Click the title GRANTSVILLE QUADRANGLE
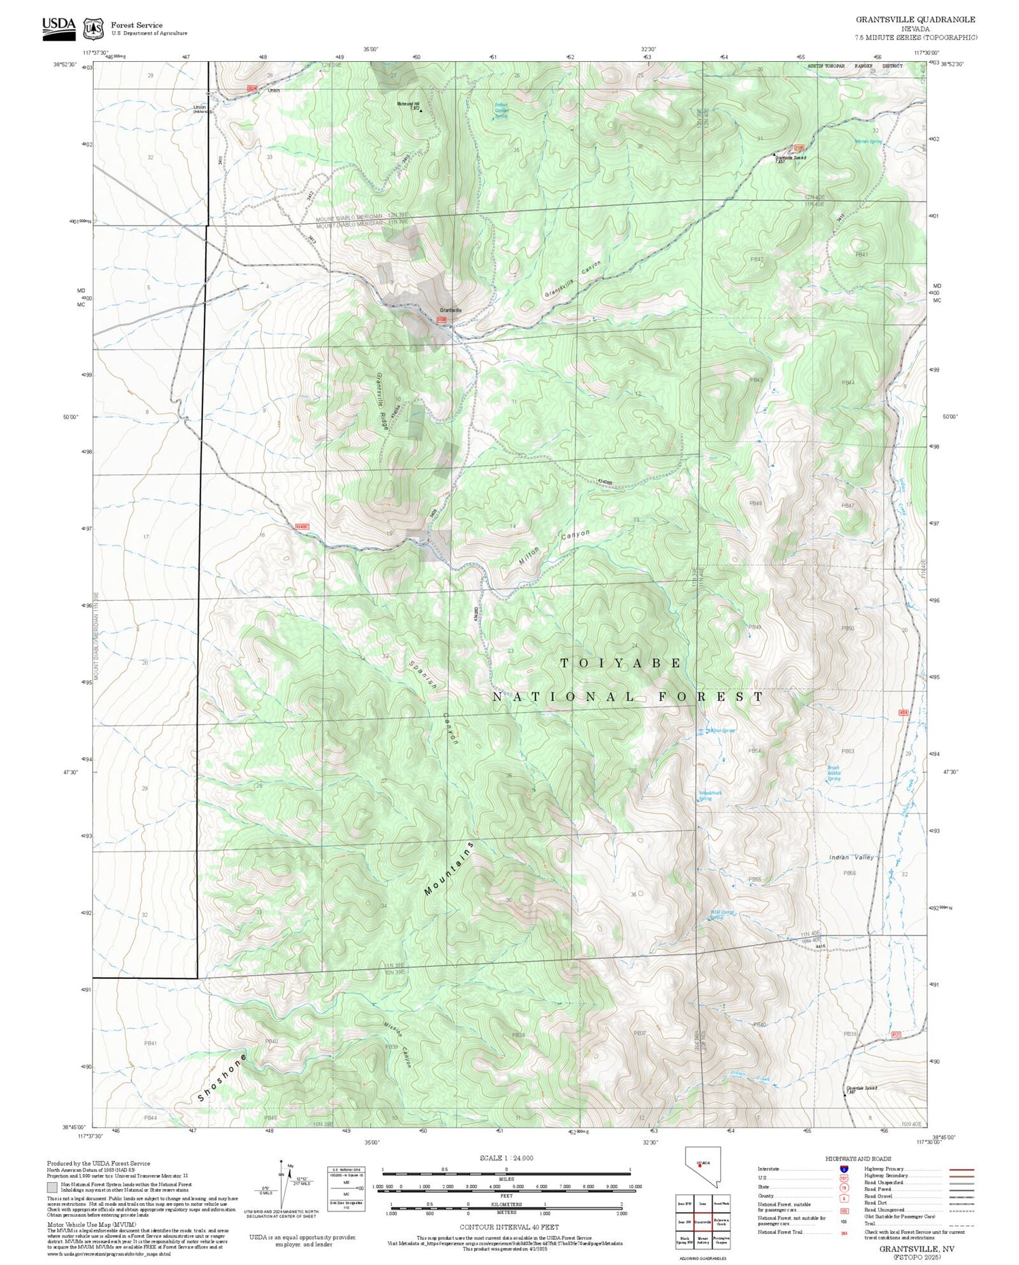(x=915, y=20)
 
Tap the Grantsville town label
(x=450, y=310)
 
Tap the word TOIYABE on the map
(x=621, y=663)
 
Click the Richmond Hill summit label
(x=408, y=105)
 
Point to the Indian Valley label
(x=851, y=857)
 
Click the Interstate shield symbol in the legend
(x=844, y=1169)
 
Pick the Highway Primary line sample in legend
(x=958, y=1170)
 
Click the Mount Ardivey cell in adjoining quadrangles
(x=702, y=1241)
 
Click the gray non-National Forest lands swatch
(x=52, y=1188)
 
